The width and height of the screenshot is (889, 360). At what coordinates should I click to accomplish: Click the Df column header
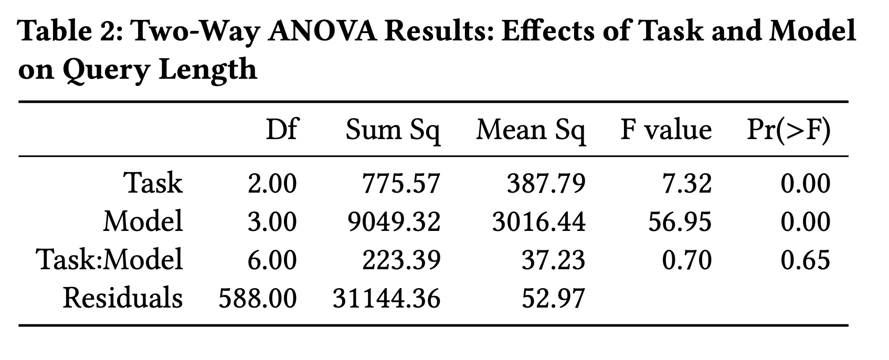(281, 130)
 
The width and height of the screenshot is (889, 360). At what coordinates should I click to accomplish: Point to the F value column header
(666, 130)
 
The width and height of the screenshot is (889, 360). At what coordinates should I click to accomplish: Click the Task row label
(153, 183)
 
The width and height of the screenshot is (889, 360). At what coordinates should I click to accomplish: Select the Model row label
(143, 221)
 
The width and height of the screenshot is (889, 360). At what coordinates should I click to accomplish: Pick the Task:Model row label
(109, 260)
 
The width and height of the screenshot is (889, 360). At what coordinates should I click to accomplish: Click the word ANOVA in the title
(322, 31)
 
